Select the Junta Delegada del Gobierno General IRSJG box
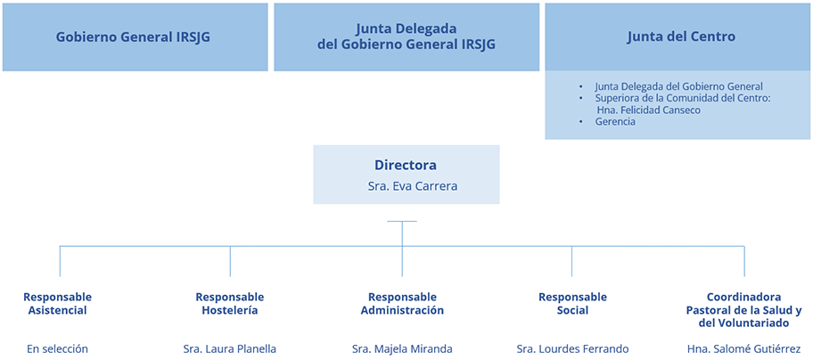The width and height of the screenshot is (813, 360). [406, 37]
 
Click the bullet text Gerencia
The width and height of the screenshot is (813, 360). [615, 121]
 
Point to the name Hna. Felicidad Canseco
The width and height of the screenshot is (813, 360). [649, 110]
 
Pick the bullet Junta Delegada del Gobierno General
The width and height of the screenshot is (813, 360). [678, 86]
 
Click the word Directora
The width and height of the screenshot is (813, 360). [406, 166]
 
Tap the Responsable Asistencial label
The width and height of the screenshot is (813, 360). [57, 304]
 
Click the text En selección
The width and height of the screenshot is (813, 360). [57, 348]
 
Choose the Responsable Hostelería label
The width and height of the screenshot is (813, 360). [230, 304]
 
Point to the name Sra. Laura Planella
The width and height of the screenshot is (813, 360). [230, 348]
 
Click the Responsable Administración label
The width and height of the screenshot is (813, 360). [402, 304]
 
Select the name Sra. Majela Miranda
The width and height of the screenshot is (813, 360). [402, 348]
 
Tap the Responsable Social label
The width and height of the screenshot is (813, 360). [572, 304]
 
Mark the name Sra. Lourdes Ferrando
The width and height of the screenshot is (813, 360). [572, 348]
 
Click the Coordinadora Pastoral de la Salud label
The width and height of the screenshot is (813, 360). [743, 310]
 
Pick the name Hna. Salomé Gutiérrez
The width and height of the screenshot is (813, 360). [743, 348]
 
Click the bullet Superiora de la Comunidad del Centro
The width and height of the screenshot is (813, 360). [682, 98]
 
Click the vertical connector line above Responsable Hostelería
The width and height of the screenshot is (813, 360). [230, 260]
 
